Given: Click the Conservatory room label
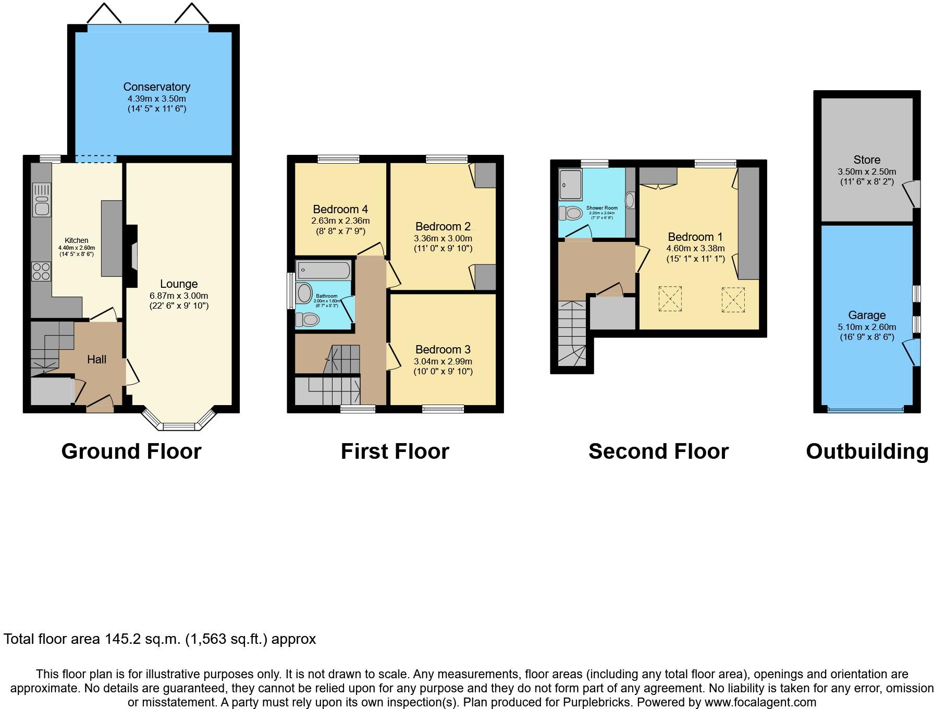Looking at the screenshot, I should click(x=156, y=87).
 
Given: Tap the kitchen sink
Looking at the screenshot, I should click(x=41, y=200).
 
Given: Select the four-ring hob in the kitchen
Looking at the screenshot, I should click(x=41, y=271).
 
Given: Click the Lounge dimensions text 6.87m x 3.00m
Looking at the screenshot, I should click(x=179, y=295).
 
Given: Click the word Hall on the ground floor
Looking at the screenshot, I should click(x=96, y=359).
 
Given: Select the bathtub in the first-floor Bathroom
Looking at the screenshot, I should click(x=324, y=271).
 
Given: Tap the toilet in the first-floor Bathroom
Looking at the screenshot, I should click(x=308, y=319).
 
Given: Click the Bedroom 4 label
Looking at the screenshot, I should click(x=340, y=209).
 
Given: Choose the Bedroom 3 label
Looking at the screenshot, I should click(x=443, y=349).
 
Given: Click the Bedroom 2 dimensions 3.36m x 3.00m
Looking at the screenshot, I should click(x=443, y=238).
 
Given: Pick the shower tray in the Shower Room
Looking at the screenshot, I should click(x=570, y=184).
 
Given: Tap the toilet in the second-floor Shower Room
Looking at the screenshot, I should click(x=570, y=213).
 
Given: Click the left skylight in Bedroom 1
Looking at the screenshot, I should click(x=670, y=299).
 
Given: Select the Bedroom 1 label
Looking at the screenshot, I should click(x=695, y=237).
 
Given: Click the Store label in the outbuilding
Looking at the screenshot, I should click(x=867, y=160).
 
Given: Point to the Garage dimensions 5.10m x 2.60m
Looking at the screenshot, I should click(x=867, y=327).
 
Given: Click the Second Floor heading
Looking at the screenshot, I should click(x=658, y=451).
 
